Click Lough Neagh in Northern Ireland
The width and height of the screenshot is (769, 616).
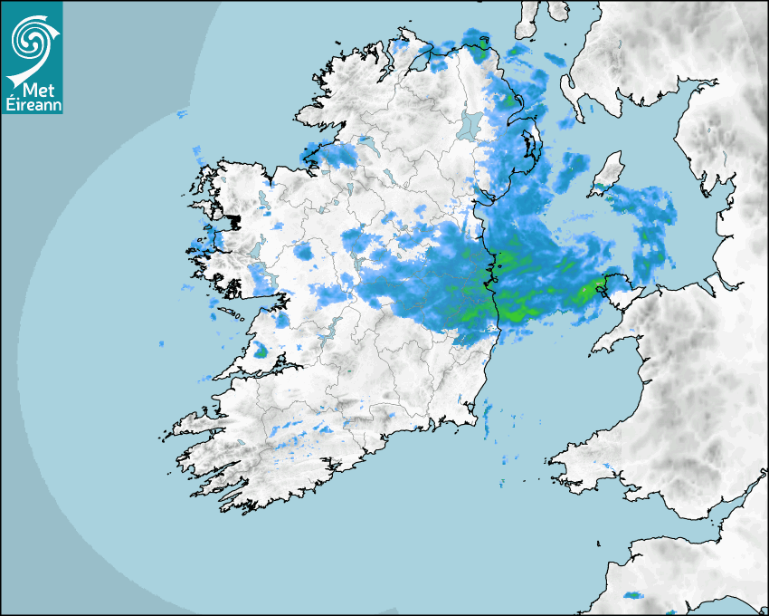470,124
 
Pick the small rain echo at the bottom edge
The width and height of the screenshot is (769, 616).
632,595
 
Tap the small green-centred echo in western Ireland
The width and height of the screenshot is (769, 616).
261,351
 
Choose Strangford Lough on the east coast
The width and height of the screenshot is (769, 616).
529,145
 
